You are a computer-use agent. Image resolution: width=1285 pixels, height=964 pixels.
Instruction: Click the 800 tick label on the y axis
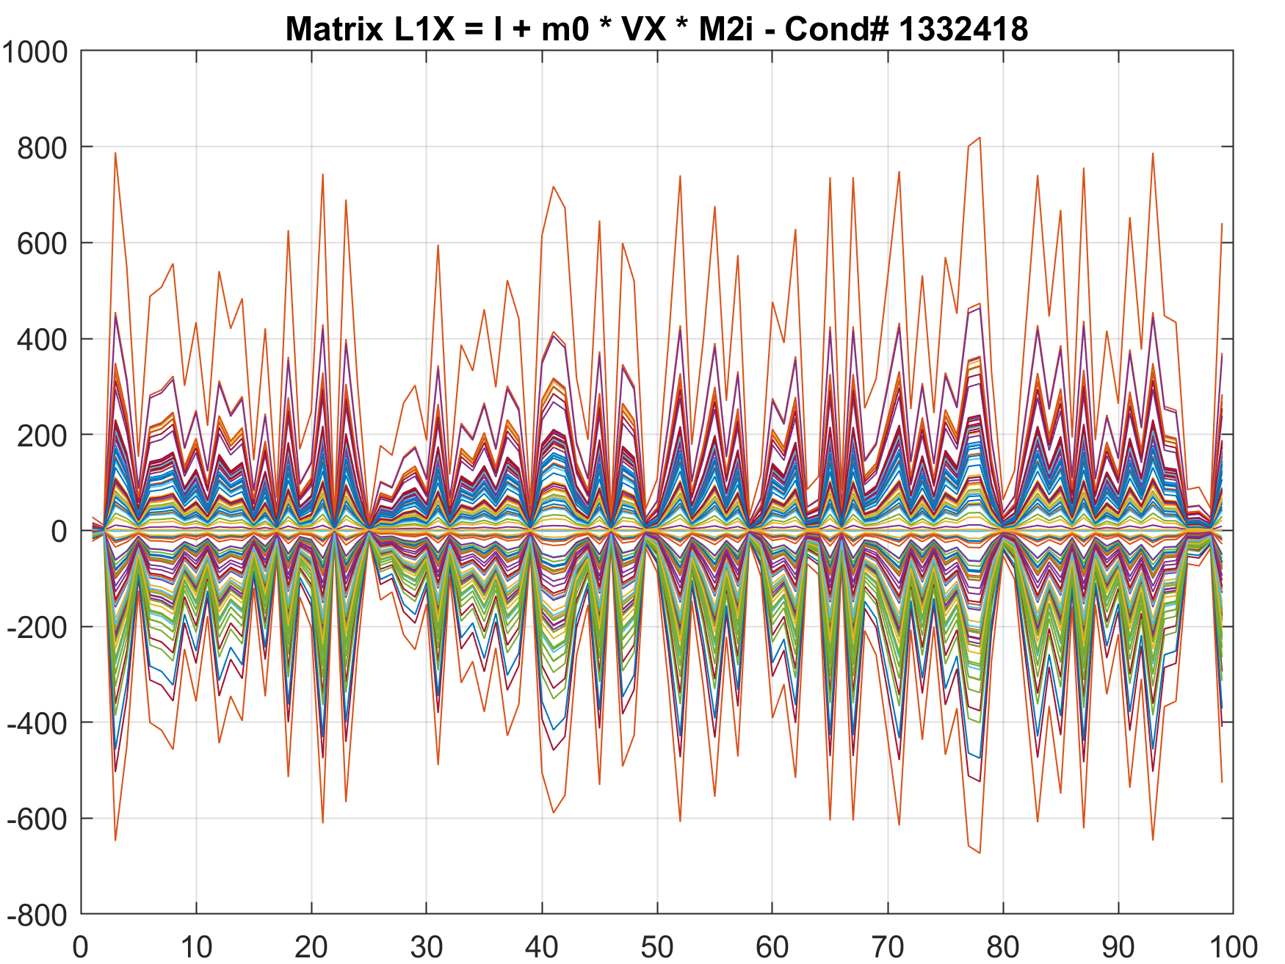(x=43, y=148)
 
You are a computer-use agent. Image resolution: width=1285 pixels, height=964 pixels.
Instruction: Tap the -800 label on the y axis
(x=38, y=915)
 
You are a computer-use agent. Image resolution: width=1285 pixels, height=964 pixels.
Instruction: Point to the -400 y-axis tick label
(x=38, y=723)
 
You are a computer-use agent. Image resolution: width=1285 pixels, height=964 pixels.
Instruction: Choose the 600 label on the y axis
(x=43, y=244)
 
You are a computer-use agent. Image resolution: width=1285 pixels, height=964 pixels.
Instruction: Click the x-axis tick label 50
(x=657, y=947)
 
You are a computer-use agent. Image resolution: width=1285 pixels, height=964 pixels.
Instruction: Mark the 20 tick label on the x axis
(x=311, y=947)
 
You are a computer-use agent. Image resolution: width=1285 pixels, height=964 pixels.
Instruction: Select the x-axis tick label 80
(x=1003, y=947)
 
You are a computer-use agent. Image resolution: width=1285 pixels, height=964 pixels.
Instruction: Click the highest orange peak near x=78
(x=980, y=138)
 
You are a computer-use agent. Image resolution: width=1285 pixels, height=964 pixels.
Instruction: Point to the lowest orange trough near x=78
(x=980, y=852)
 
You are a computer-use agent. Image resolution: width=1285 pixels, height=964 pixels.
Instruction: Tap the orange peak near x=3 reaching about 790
(x=115, y=153)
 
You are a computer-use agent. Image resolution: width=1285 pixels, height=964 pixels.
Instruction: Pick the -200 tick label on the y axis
(x=38, y=628)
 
